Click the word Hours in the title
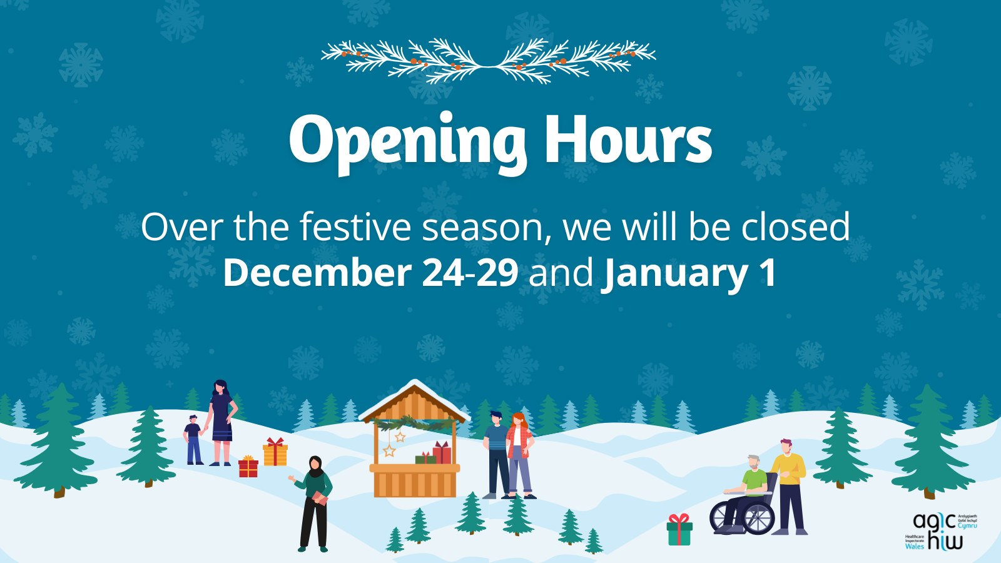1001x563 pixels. [628, 141]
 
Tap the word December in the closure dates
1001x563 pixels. [317, 273]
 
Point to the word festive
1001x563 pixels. [355, 226]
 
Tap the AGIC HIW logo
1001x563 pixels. [940, 532]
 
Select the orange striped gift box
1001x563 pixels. [275, 452]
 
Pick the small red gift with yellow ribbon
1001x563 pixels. [248, 467]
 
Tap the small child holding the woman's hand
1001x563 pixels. [193, 440]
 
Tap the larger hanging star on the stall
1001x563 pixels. [389, 450]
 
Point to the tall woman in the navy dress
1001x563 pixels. [221, 422]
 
